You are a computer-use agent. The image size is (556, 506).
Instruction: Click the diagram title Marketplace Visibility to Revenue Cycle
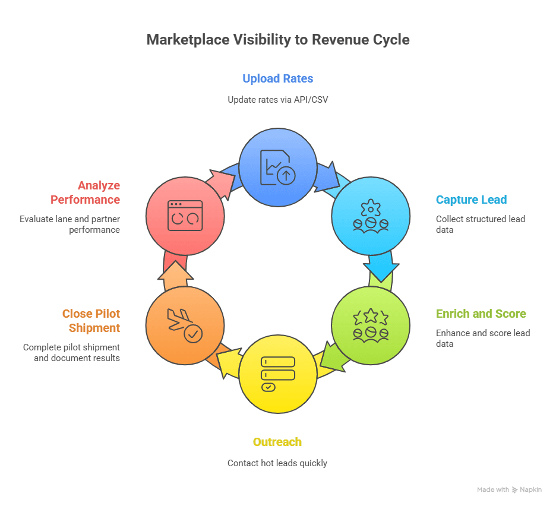click(278, 40)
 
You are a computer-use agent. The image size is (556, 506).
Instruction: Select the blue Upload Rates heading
click(278, 78)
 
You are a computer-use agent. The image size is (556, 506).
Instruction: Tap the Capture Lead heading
click(471, 200)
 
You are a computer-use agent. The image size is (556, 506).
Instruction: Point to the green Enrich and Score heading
click(481, 314)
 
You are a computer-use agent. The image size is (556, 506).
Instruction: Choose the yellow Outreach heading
click(277, 442)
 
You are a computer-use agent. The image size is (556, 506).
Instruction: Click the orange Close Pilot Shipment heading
click(91, 321)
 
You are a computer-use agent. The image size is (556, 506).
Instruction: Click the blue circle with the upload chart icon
click(277, 167)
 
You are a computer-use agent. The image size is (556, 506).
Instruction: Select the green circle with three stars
click(370, 325)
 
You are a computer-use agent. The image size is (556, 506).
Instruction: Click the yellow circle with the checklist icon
click(277, 374)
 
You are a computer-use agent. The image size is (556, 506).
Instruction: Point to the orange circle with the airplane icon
click(185, 325)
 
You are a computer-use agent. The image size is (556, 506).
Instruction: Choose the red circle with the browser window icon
click(185, 216)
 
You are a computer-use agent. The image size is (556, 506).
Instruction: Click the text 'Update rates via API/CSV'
click(278, 100)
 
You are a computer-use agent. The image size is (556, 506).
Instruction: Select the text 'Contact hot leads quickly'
click(277, 463)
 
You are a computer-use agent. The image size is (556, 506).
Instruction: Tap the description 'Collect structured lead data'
click(480, 224)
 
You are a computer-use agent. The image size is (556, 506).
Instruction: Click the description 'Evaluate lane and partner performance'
click(69, 224)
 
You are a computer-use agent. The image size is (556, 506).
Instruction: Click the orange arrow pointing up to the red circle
click(176, 274)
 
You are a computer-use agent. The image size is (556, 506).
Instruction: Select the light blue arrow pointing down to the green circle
click(380, 267)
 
